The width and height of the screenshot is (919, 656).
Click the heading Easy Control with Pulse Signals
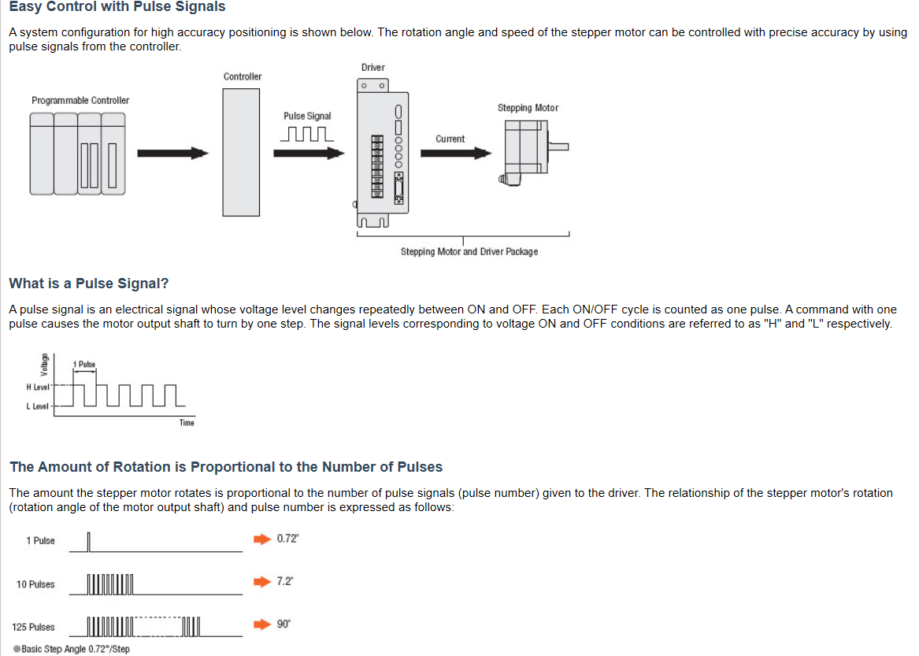(117, 7)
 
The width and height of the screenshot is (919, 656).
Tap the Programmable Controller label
(80, 100)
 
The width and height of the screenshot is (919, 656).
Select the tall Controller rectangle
(242, 151)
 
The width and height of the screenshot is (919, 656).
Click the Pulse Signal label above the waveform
(307, 116)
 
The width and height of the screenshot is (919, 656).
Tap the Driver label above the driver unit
(373, 68)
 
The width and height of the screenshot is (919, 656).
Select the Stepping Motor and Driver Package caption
(469, 251)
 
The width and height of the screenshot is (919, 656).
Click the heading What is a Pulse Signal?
(88, 284)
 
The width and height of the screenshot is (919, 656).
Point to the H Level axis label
(37, 387)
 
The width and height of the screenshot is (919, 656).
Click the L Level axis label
(37, 406)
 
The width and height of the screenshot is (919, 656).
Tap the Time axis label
(187, 423)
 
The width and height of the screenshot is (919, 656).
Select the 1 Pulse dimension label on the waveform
(83, 365)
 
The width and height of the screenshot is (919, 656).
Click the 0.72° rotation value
(287, 539)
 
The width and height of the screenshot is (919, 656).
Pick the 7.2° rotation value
(285, 581)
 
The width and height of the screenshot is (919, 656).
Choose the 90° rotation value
(283, 624)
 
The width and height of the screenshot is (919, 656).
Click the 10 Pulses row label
(35, 584)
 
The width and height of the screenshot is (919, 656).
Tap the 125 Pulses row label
(33, 627)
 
